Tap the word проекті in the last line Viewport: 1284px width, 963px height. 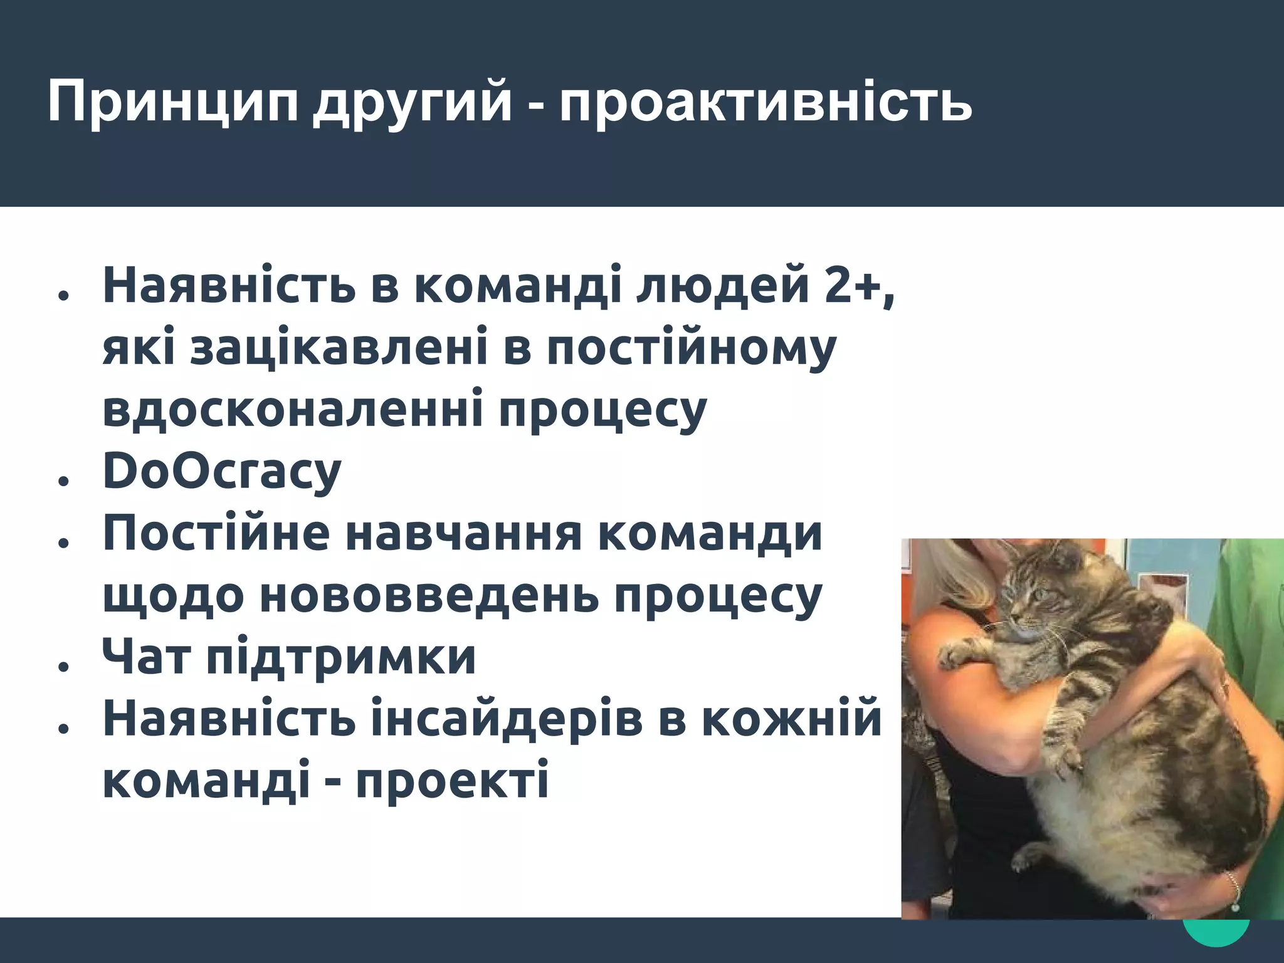pyautogui.click(x=452, y=781)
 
